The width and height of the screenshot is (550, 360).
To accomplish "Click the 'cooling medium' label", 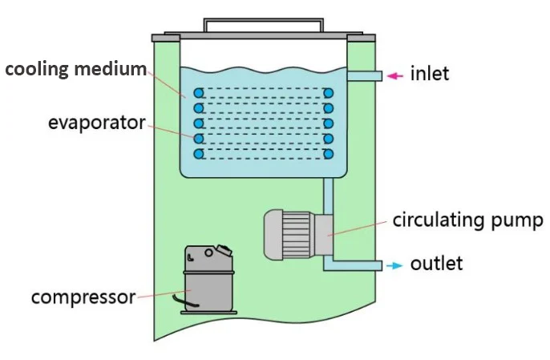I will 76,69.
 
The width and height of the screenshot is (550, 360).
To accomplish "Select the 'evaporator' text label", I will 96,123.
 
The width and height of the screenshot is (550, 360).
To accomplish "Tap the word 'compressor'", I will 83,297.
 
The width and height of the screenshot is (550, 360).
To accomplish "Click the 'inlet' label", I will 430,75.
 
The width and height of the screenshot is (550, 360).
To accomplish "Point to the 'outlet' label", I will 436,264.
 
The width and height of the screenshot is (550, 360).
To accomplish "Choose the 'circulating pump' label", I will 467,220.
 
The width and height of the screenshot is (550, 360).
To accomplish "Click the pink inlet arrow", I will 394,75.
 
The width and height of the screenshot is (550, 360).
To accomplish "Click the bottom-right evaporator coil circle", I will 328,153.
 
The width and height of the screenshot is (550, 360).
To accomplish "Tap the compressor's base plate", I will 208,312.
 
